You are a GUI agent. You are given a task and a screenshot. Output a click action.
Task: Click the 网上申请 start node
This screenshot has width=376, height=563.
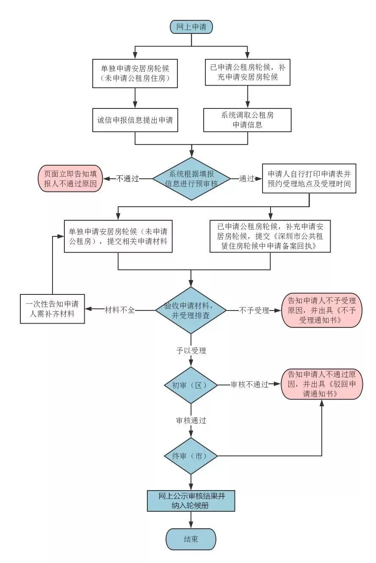click(x=191, y=27)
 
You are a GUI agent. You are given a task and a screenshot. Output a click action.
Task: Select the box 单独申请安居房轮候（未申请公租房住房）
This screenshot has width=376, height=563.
click(x=135, y=73)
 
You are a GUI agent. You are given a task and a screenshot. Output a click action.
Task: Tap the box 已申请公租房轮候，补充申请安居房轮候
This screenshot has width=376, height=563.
click(x=247, y=72)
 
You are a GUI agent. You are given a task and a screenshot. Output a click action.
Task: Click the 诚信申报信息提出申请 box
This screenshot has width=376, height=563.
click(x=135, y=120)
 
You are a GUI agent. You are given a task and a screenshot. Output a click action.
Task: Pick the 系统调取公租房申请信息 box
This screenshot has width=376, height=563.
click(x=247, y=120)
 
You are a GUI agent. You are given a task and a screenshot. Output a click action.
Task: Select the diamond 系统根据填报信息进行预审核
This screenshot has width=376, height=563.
click(x=191, y=179)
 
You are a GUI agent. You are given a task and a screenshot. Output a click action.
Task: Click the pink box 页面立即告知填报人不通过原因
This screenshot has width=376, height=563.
click(x=70, y=179)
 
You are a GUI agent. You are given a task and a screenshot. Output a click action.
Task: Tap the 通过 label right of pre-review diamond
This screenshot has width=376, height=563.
click(x=246, y=179)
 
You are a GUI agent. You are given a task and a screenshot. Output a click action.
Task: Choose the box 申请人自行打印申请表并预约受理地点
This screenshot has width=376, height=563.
click(x=309, y=179)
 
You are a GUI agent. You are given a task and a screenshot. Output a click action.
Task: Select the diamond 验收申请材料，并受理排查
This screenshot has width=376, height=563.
click(x=191, y=311)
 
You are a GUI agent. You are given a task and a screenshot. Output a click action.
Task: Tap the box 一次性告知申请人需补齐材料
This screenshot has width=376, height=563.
click(x=53, y=309)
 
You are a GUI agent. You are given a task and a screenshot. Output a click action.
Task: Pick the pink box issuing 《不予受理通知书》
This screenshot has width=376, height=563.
click(x=321, y=311)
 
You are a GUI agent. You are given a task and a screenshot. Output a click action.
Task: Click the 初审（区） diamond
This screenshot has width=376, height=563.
click(x=191, y=385)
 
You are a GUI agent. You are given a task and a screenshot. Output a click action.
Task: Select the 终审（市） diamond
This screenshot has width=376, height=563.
click(x=191, y=456)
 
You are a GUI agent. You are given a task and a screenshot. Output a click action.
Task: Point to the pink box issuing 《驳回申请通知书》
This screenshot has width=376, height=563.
click(x=321, y=384)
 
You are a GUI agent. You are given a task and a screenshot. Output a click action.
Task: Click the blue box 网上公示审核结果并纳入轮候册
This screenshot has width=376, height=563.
click(x=191, y=501)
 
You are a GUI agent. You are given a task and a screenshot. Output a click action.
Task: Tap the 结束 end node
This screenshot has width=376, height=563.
click(x=191, y=539)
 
